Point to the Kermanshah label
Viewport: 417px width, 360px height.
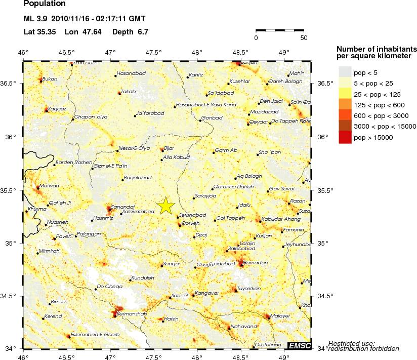click(131, 314)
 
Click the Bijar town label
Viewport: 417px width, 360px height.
click(169, 148)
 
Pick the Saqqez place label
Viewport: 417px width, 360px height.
click(57, 109)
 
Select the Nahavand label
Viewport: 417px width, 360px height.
click(242, 326)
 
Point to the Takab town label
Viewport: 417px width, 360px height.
click(129, 92)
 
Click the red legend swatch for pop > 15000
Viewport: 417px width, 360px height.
click(345, 137)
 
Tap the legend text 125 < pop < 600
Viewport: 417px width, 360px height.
click(378, 105)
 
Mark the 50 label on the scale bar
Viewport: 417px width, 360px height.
click(304, 37)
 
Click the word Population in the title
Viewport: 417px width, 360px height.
click(45, 4)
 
